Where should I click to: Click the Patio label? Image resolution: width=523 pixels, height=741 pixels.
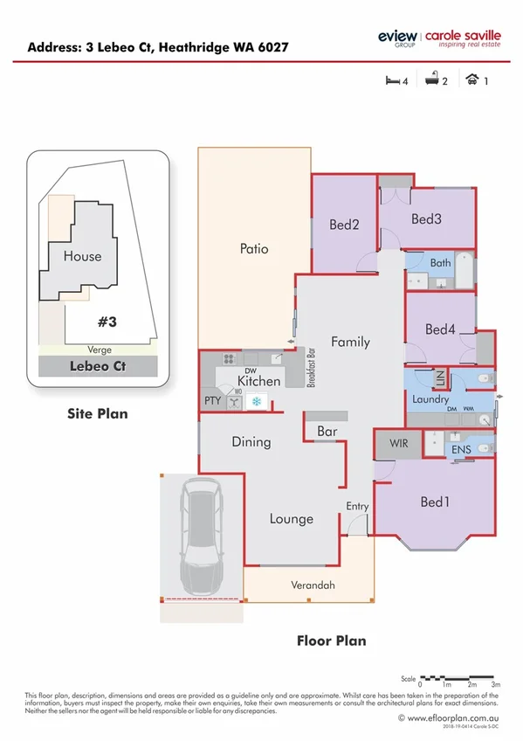pos(254,249)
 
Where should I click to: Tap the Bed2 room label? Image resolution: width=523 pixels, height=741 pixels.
pos(344,225)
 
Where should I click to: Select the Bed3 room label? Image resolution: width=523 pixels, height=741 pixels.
pos(427,218)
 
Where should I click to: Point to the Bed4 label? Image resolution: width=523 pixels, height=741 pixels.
pos(440,329)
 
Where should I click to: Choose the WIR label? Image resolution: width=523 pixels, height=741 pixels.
pos(398,444)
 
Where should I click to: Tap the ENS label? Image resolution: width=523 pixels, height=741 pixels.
pos(460,450)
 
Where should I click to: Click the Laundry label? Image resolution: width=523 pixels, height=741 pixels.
pos(430,400)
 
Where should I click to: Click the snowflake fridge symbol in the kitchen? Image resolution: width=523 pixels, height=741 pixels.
pos(257,401)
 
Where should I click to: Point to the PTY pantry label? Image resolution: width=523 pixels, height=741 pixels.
pos(212,401)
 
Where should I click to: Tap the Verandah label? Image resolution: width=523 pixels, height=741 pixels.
pos(313,585)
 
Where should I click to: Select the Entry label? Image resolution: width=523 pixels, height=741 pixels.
pos(357,507)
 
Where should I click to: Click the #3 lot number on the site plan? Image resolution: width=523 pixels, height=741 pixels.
pos(107,322)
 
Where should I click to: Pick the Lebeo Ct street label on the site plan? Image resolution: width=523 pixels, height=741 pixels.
pos(97,366)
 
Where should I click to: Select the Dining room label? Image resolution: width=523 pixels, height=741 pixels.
pos(251,442)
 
